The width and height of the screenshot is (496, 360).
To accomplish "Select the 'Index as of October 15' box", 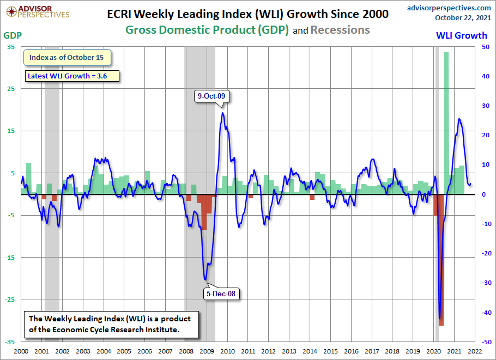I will point(67,57).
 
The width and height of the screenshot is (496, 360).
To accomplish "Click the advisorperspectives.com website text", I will point(448,7).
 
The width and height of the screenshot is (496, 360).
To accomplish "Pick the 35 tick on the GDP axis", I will point(11,47).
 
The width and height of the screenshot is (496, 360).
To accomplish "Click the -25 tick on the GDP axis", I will point(10,300).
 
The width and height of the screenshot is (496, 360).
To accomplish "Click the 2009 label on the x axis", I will point(207,352).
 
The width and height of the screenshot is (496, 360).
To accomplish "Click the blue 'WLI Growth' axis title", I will point(462,35).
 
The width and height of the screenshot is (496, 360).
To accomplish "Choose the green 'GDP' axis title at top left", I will point(13,35).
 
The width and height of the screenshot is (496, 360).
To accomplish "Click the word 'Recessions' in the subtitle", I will point(340,29).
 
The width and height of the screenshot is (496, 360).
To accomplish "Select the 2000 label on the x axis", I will point(21,352).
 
